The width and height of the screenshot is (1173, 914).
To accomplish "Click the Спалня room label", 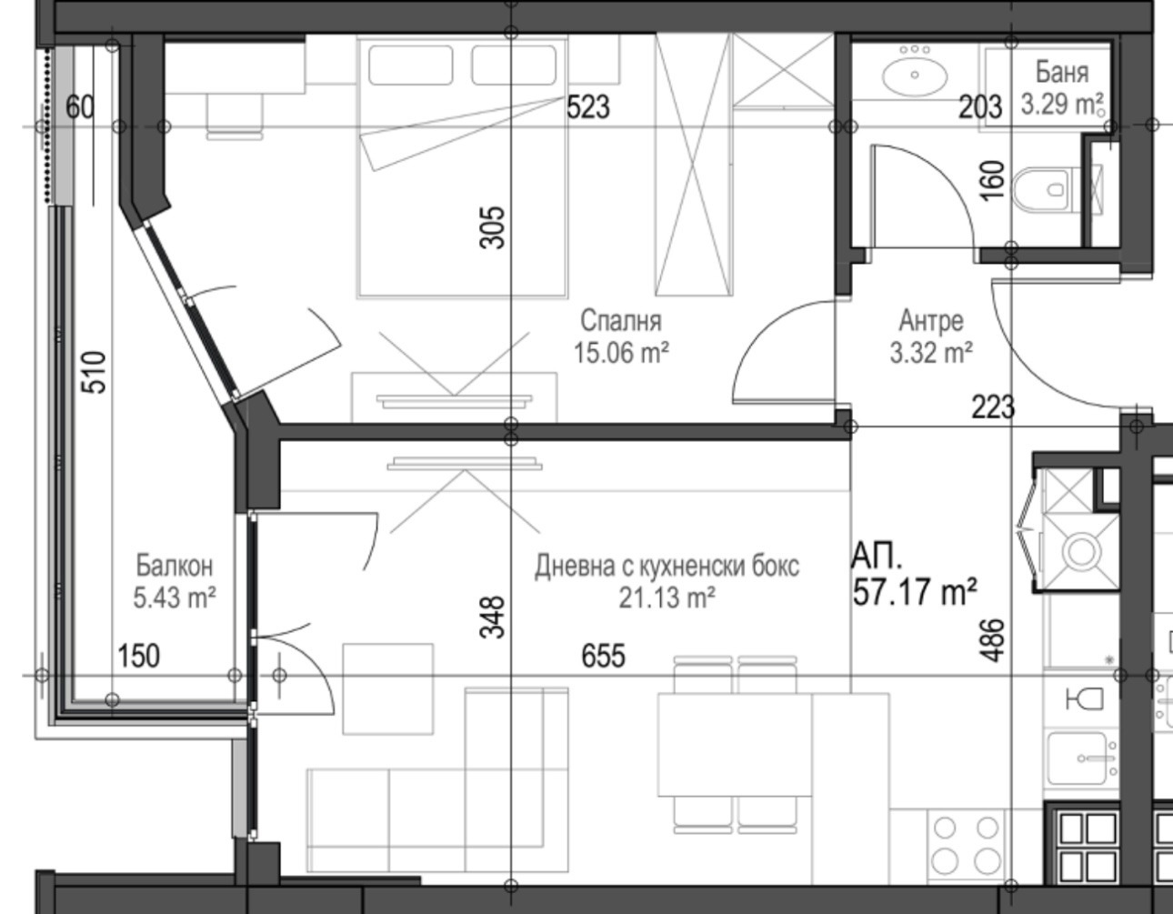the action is (x=621, y=321).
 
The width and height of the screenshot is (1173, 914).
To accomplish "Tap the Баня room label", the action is (x=1062, y=73).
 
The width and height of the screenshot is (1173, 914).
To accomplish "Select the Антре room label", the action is (x=931, y=321).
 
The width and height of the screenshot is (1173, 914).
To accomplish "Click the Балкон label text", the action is (x=175, y=566).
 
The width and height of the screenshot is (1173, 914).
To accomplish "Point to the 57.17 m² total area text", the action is (x=915, y=592).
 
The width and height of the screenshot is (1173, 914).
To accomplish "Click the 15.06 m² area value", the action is (x=621, y=354).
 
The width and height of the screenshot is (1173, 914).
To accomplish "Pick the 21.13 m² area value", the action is (x=667, y=598).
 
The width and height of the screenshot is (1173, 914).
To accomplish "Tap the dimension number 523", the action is (x=588, y=107).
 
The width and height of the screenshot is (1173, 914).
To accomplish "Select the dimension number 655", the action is (x=603, y=656).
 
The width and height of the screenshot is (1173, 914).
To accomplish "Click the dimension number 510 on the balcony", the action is (x=94, y=373).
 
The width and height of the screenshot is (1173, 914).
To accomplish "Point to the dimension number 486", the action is (x=992, y=640).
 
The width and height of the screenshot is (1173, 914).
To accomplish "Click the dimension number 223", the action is (x=993, y=407).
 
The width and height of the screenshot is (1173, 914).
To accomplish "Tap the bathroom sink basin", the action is (x=915, y=75).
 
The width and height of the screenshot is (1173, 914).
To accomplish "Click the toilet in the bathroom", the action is (x=1042, y=189).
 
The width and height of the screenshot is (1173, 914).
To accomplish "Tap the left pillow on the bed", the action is (x=411, y=65).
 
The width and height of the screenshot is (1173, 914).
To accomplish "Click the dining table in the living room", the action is (x=735, y=745).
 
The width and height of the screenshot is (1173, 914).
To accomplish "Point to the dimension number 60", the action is (x=79, y=107).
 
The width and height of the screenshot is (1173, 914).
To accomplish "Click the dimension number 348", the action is (x=492, y=618).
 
